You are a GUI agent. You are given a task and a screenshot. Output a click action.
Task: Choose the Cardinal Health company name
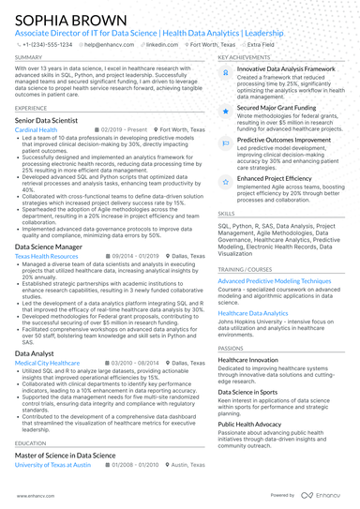[37, 129]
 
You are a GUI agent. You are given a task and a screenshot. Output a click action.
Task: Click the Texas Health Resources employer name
[47, 256]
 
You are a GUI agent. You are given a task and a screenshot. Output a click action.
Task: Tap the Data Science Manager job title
[53, 246]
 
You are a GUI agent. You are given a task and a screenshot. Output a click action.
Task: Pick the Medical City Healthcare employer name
[48, 362]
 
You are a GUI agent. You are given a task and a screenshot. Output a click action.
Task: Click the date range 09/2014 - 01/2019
[115, 256]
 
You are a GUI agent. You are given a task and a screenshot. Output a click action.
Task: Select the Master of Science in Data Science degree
[66, 454]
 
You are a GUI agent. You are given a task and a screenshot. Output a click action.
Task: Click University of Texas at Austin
[52, 464]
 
